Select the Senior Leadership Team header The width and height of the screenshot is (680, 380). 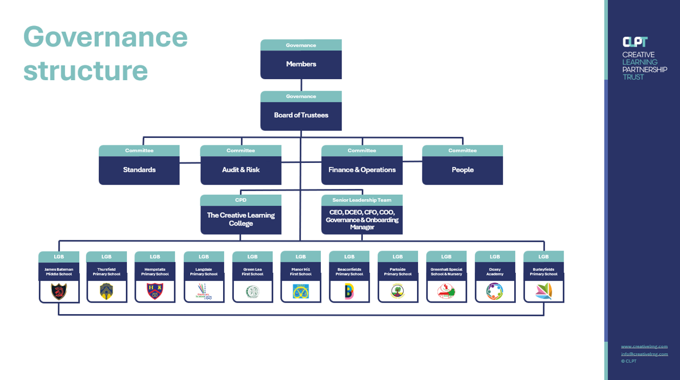362,200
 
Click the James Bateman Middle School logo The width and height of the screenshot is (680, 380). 59,291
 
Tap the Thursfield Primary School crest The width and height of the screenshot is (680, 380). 107,291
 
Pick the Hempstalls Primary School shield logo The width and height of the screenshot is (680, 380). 155,291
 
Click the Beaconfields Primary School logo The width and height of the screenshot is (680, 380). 349,291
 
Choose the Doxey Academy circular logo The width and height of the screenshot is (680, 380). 495,291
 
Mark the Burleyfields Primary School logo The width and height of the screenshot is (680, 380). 543,291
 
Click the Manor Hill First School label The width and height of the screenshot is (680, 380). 301,272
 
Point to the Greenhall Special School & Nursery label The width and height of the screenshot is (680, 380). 446,272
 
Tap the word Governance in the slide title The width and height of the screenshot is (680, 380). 105,37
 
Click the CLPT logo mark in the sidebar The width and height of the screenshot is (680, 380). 635,42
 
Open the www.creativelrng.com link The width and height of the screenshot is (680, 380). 644,347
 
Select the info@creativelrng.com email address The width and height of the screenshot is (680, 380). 644,354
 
